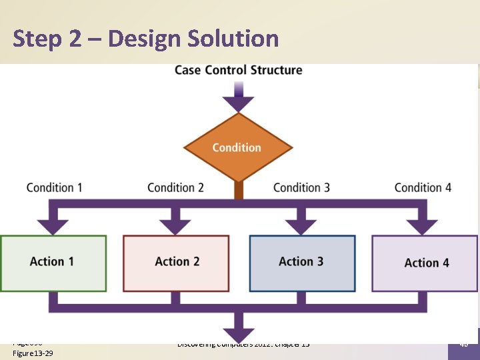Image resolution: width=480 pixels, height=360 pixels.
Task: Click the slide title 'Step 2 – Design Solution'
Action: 145,39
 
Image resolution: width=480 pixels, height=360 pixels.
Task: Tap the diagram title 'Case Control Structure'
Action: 238,70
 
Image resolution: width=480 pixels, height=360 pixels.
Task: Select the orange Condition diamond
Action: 237,147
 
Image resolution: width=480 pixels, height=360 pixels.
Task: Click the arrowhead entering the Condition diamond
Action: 238,103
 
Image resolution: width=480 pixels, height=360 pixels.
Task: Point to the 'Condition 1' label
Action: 55,187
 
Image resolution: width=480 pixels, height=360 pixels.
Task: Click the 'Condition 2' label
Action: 175,187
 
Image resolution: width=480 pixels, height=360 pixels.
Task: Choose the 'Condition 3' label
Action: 301,187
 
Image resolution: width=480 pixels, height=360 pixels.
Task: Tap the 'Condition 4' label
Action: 423,187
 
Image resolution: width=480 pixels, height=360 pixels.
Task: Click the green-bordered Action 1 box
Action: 53,263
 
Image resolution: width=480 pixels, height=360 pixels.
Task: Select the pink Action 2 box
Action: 177,263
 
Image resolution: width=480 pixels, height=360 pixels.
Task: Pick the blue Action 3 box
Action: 301,263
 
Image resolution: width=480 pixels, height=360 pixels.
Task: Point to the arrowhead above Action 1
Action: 53,226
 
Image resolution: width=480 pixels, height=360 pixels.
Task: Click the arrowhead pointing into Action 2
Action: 176,226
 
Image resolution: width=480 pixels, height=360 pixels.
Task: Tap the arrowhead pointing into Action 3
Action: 301,226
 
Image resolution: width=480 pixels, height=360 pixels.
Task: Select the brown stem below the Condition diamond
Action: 238,191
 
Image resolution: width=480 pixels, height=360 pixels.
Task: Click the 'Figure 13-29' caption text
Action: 33,353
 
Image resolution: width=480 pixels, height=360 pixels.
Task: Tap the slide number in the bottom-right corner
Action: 463,345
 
